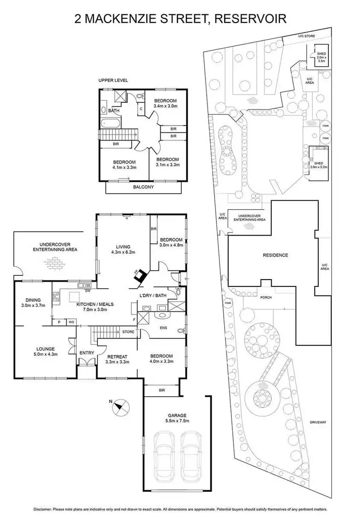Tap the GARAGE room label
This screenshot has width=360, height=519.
coord(177,415)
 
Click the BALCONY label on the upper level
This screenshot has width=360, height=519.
coord(143,187)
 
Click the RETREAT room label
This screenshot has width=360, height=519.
coord(117,356)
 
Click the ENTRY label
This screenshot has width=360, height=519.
coord(87,353)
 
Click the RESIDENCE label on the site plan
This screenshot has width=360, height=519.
coord(275,255)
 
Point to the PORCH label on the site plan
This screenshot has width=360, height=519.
coord(265,297)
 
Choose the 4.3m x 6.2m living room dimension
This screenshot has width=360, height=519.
coord(124,252)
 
